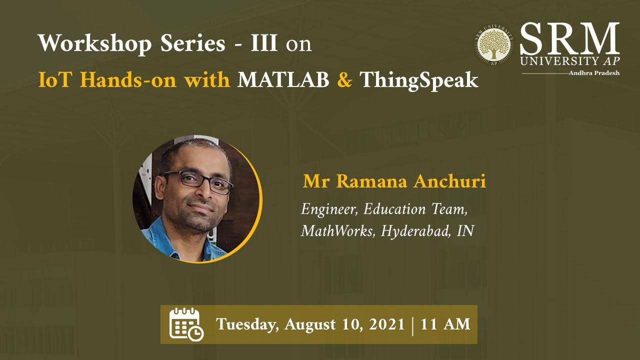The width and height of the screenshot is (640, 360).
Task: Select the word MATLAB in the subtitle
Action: point(283,80)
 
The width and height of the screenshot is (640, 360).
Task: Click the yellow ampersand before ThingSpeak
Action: point(344,80)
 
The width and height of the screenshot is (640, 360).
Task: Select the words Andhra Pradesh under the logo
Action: point(594,73)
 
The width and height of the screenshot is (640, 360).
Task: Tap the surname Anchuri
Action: point(449,181)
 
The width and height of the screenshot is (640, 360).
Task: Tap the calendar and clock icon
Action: point(186,324)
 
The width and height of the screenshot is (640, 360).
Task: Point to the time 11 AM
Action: point(445,324)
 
